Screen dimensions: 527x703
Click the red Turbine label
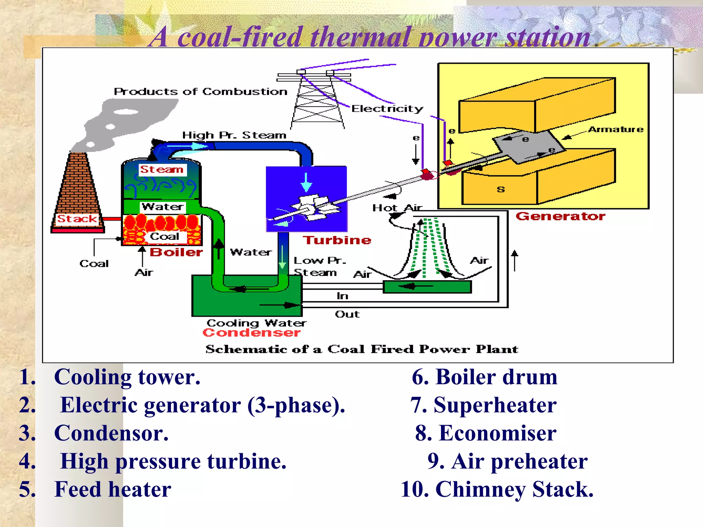coord(337,240)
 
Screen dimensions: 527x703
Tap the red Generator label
coord(561,216)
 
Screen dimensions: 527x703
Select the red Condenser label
coord(251,332)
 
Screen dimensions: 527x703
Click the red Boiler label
coord(176,252)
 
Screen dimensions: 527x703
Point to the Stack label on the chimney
coord(77,219)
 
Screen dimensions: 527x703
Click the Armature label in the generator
coord(616,129)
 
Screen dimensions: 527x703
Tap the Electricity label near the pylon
coord(387,109)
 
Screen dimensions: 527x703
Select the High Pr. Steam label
coord(234,135)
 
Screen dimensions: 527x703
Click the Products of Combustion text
coord(200,92)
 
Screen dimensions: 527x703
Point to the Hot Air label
coord(397,208)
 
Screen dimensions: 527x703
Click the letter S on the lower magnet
coord(501,189)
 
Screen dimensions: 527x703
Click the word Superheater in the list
coord(495,405)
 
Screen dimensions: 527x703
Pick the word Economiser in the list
coord(498,433)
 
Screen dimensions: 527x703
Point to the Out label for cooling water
coord(347,314)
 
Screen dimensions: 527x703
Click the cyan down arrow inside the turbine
coord(306,182)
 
